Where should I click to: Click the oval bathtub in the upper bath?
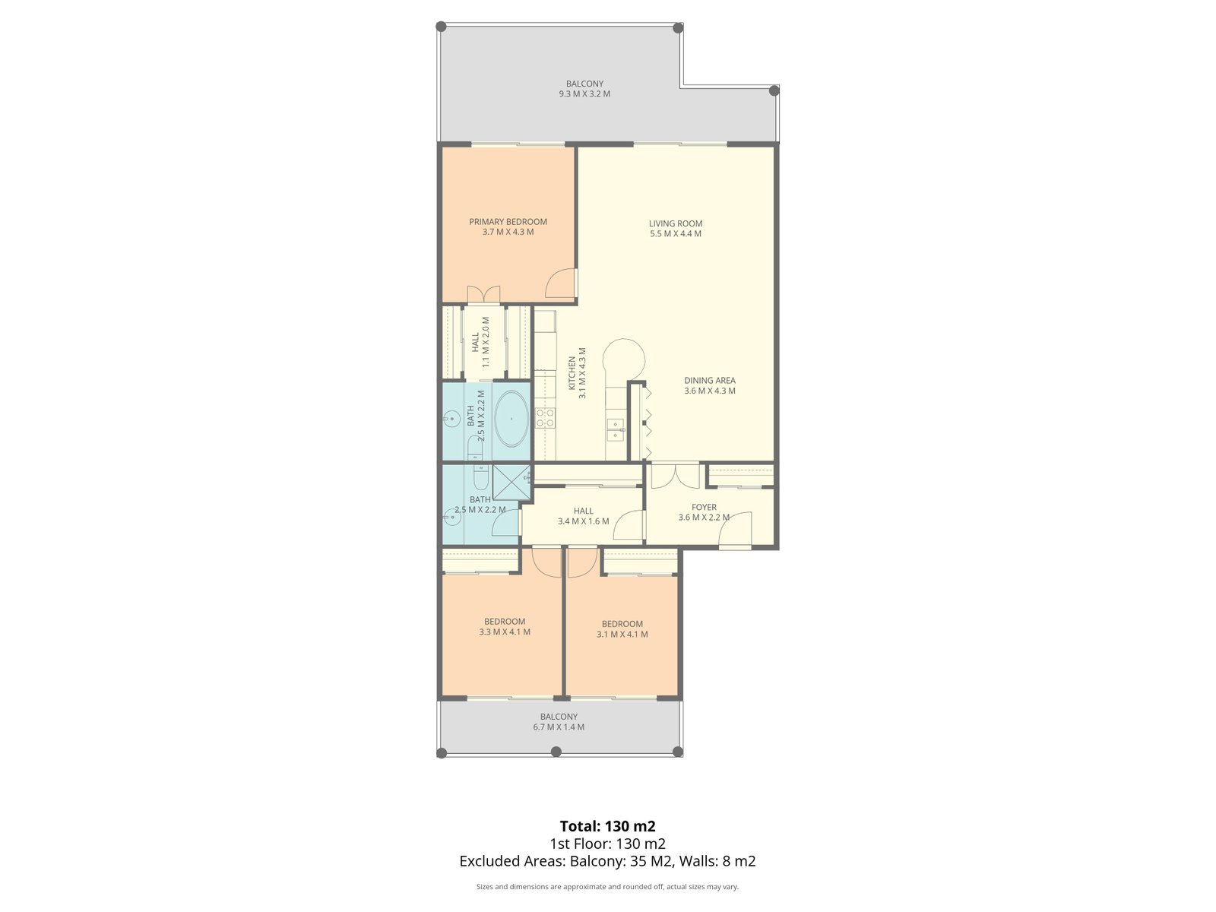tap(511, 419)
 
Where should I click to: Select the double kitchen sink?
tap(615, 429)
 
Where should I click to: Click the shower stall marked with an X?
tap(511, 481)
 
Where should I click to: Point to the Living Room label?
tap(675, 223)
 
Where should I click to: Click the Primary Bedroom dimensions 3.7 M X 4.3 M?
tap(508, 232)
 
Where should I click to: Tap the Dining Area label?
tap(709, 381)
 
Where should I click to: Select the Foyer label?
tap(704, 507)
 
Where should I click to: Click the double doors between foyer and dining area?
tap(675, 475)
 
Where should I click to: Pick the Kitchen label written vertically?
tap(572, 373)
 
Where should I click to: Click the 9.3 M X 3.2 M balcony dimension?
tap(584, 94)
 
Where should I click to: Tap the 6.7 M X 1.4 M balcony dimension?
tap(559, 727)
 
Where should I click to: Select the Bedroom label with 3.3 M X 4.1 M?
tap(505, 622)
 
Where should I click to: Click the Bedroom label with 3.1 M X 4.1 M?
tap(622, 624)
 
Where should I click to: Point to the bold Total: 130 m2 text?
tap(607, 826)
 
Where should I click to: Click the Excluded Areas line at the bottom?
tap(607, 861)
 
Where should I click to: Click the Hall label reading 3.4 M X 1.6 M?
tap(583, 511)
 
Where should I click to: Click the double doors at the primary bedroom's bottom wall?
tap(483, 293)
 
